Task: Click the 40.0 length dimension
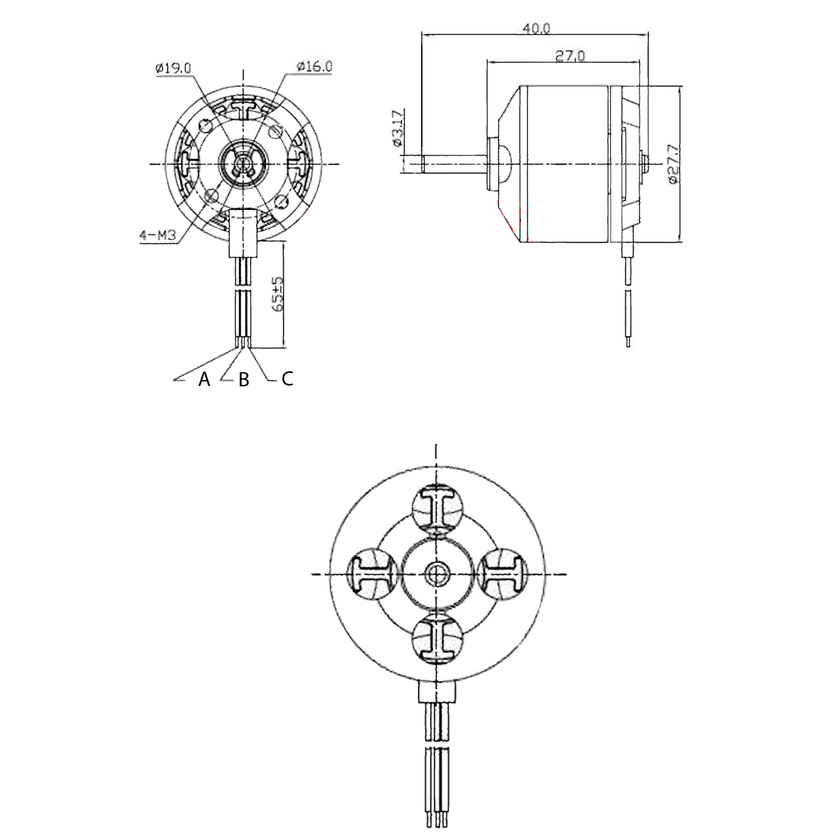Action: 536,28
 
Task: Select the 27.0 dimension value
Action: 570,57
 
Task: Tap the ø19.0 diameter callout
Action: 173,68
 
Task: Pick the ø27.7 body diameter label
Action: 673,164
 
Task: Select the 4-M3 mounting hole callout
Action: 157,235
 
